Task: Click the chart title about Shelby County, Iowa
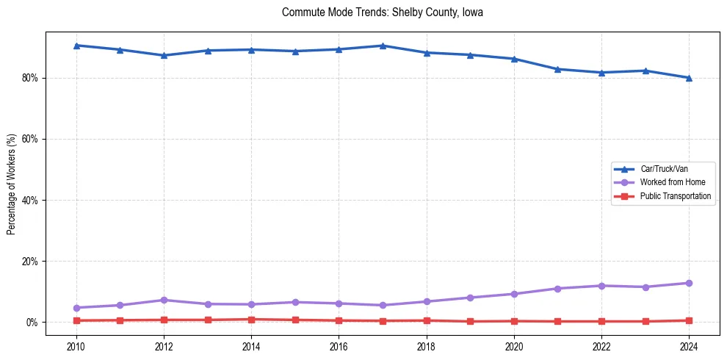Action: pos(382,12)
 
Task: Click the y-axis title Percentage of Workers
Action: pos(11,184)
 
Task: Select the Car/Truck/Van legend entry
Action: pos(664,169)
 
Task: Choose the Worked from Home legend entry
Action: pos(668,182)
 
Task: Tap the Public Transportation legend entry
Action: pos(675,196)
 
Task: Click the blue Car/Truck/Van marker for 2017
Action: pos(383,46)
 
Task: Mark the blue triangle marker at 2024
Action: pos(689,78)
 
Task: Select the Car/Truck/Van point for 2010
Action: pos(76,46)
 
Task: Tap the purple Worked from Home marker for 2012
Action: pos(164,300)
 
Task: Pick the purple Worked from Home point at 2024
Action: pos(689,283)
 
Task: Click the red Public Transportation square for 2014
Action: pos(251,320)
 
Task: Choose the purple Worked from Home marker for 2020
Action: pos(514,294)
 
